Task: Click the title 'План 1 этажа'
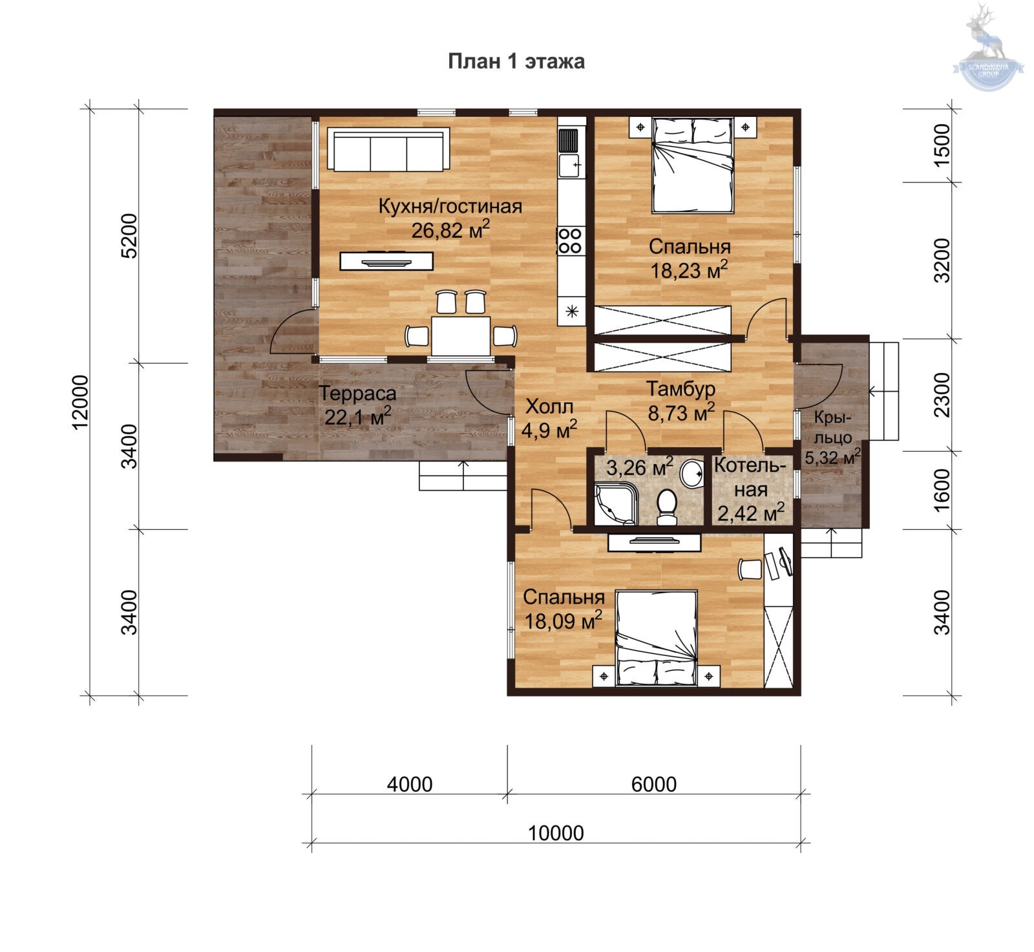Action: [516, 61]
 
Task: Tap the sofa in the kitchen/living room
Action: [388, 149]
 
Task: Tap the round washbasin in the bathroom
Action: [693, 472]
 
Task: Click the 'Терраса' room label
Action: [357, 393]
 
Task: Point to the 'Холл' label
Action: [549, 407]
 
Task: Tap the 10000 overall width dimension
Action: [556, 833]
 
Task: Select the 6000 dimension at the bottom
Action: [653, 784]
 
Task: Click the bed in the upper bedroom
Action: [693, 165]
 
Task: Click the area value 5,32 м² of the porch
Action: [832, 458]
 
